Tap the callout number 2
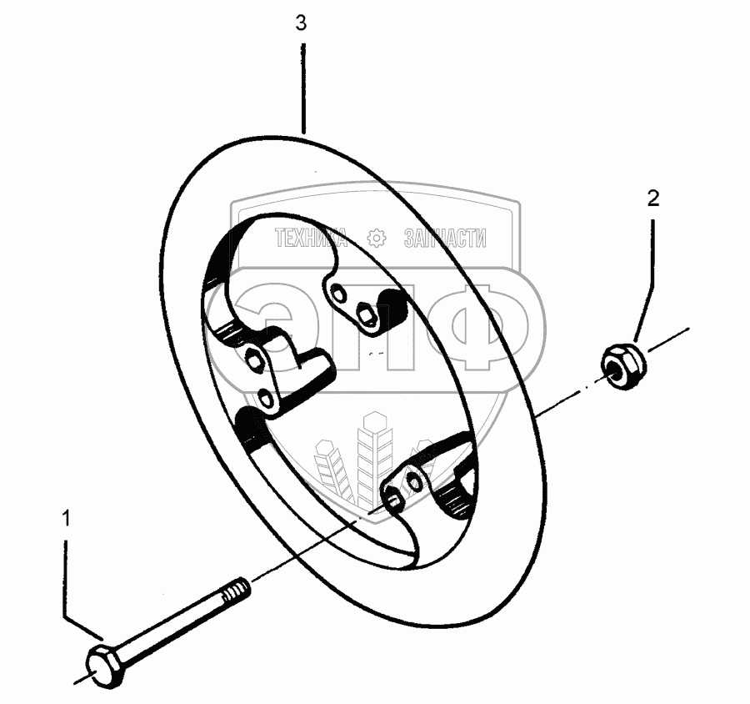point(652,198)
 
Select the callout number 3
point(301,23)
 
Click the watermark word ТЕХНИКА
point(311,239)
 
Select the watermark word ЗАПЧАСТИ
point(445,239)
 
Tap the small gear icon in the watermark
point(377,239)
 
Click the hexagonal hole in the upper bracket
point(366,313)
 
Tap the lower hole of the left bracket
point(267,399)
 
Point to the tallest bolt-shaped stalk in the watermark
point(367,459)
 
